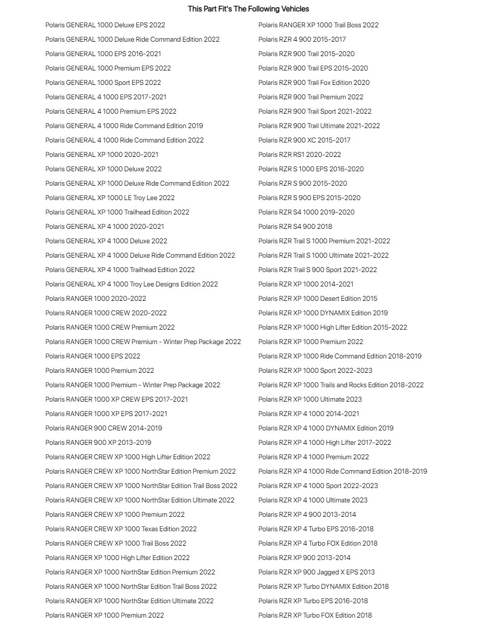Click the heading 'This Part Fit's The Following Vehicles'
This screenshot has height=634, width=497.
point(248,9)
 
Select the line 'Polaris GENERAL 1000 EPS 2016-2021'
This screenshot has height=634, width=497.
point(103,54)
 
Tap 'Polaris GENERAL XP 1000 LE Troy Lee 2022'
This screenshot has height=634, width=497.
point(110,198)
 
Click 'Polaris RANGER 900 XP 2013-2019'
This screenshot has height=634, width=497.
point(98,442)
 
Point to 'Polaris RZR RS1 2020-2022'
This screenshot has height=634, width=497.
point(299,154)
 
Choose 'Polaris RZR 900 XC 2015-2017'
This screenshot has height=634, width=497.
point(304,140)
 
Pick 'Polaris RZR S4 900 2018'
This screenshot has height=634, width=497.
point(295,226)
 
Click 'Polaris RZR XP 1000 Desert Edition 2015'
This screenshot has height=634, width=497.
point(318,298)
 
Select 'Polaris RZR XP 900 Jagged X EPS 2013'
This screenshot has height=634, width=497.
point(316,572)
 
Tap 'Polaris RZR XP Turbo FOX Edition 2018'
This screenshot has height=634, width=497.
point(315,615)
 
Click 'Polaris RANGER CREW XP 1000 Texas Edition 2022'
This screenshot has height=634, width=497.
point(121,529)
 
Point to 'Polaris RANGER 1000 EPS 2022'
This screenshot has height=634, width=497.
point(93,356)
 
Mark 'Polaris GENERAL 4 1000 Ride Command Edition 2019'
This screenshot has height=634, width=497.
point(124,126)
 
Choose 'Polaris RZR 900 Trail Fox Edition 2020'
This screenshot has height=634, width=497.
point(314,82)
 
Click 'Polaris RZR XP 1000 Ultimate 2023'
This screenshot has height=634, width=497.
point(310,399)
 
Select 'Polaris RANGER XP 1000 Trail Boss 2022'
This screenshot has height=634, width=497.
point(318,25)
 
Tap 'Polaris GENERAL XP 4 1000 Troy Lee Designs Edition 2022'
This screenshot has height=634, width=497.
point(132,284)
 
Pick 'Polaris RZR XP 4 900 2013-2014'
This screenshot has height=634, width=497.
point(307,514)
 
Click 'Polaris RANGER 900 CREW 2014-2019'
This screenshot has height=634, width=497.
point(104,428)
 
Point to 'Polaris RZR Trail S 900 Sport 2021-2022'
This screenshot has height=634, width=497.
point(317,270)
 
